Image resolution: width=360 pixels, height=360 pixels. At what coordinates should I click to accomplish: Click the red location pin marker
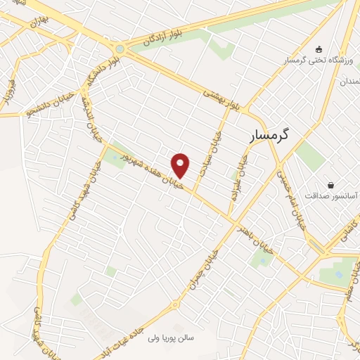pyautogui.click(x=181, y=165)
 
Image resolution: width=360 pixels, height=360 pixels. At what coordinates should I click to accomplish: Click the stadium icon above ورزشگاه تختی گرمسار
pyautogui.click(x=319, y=49)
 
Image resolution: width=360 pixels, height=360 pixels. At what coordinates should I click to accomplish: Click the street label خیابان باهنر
pyautogui.click(x=255, y=234)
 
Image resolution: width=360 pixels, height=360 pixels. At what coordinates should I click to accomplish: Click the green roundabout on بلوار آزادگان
pyautogui.click(x=120, y=49)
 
